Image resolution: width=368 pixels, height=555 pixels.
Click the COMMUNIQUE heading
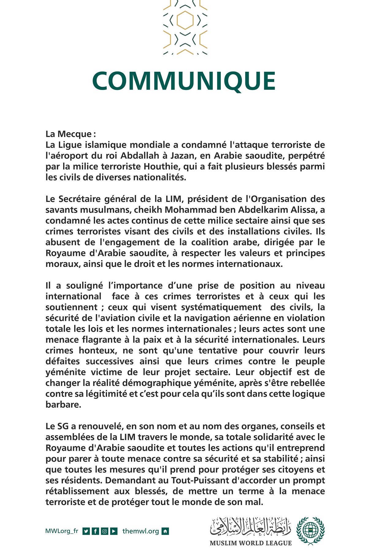tap(184, 81)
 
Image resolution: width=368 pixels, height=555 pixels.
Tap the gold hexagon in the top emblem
tap(185, 20)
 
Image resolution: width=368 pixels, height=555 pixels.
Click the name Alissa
tap(301, 210)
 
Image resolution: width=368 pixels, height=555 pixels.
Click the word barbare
tap(63, 405)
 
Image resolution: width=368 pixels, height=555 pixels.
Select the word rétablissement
tap(77, 491)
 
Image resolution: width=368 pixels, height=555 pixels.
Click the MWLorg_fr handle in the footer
tap(62, 531)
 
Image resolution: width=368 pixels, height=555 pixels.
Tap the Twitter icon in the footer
tap(86, 531)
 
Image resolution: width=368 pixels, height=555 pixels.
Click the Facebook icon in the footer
tap(95, 531)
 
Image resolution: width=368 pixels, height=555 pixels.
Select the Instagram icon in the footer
tap(105, 531)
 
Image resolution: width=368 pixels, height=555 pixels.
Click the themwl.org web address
tap(140, 531)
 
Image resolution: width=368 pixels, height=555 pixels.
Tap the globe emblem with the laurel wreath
tap(310, 531)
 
